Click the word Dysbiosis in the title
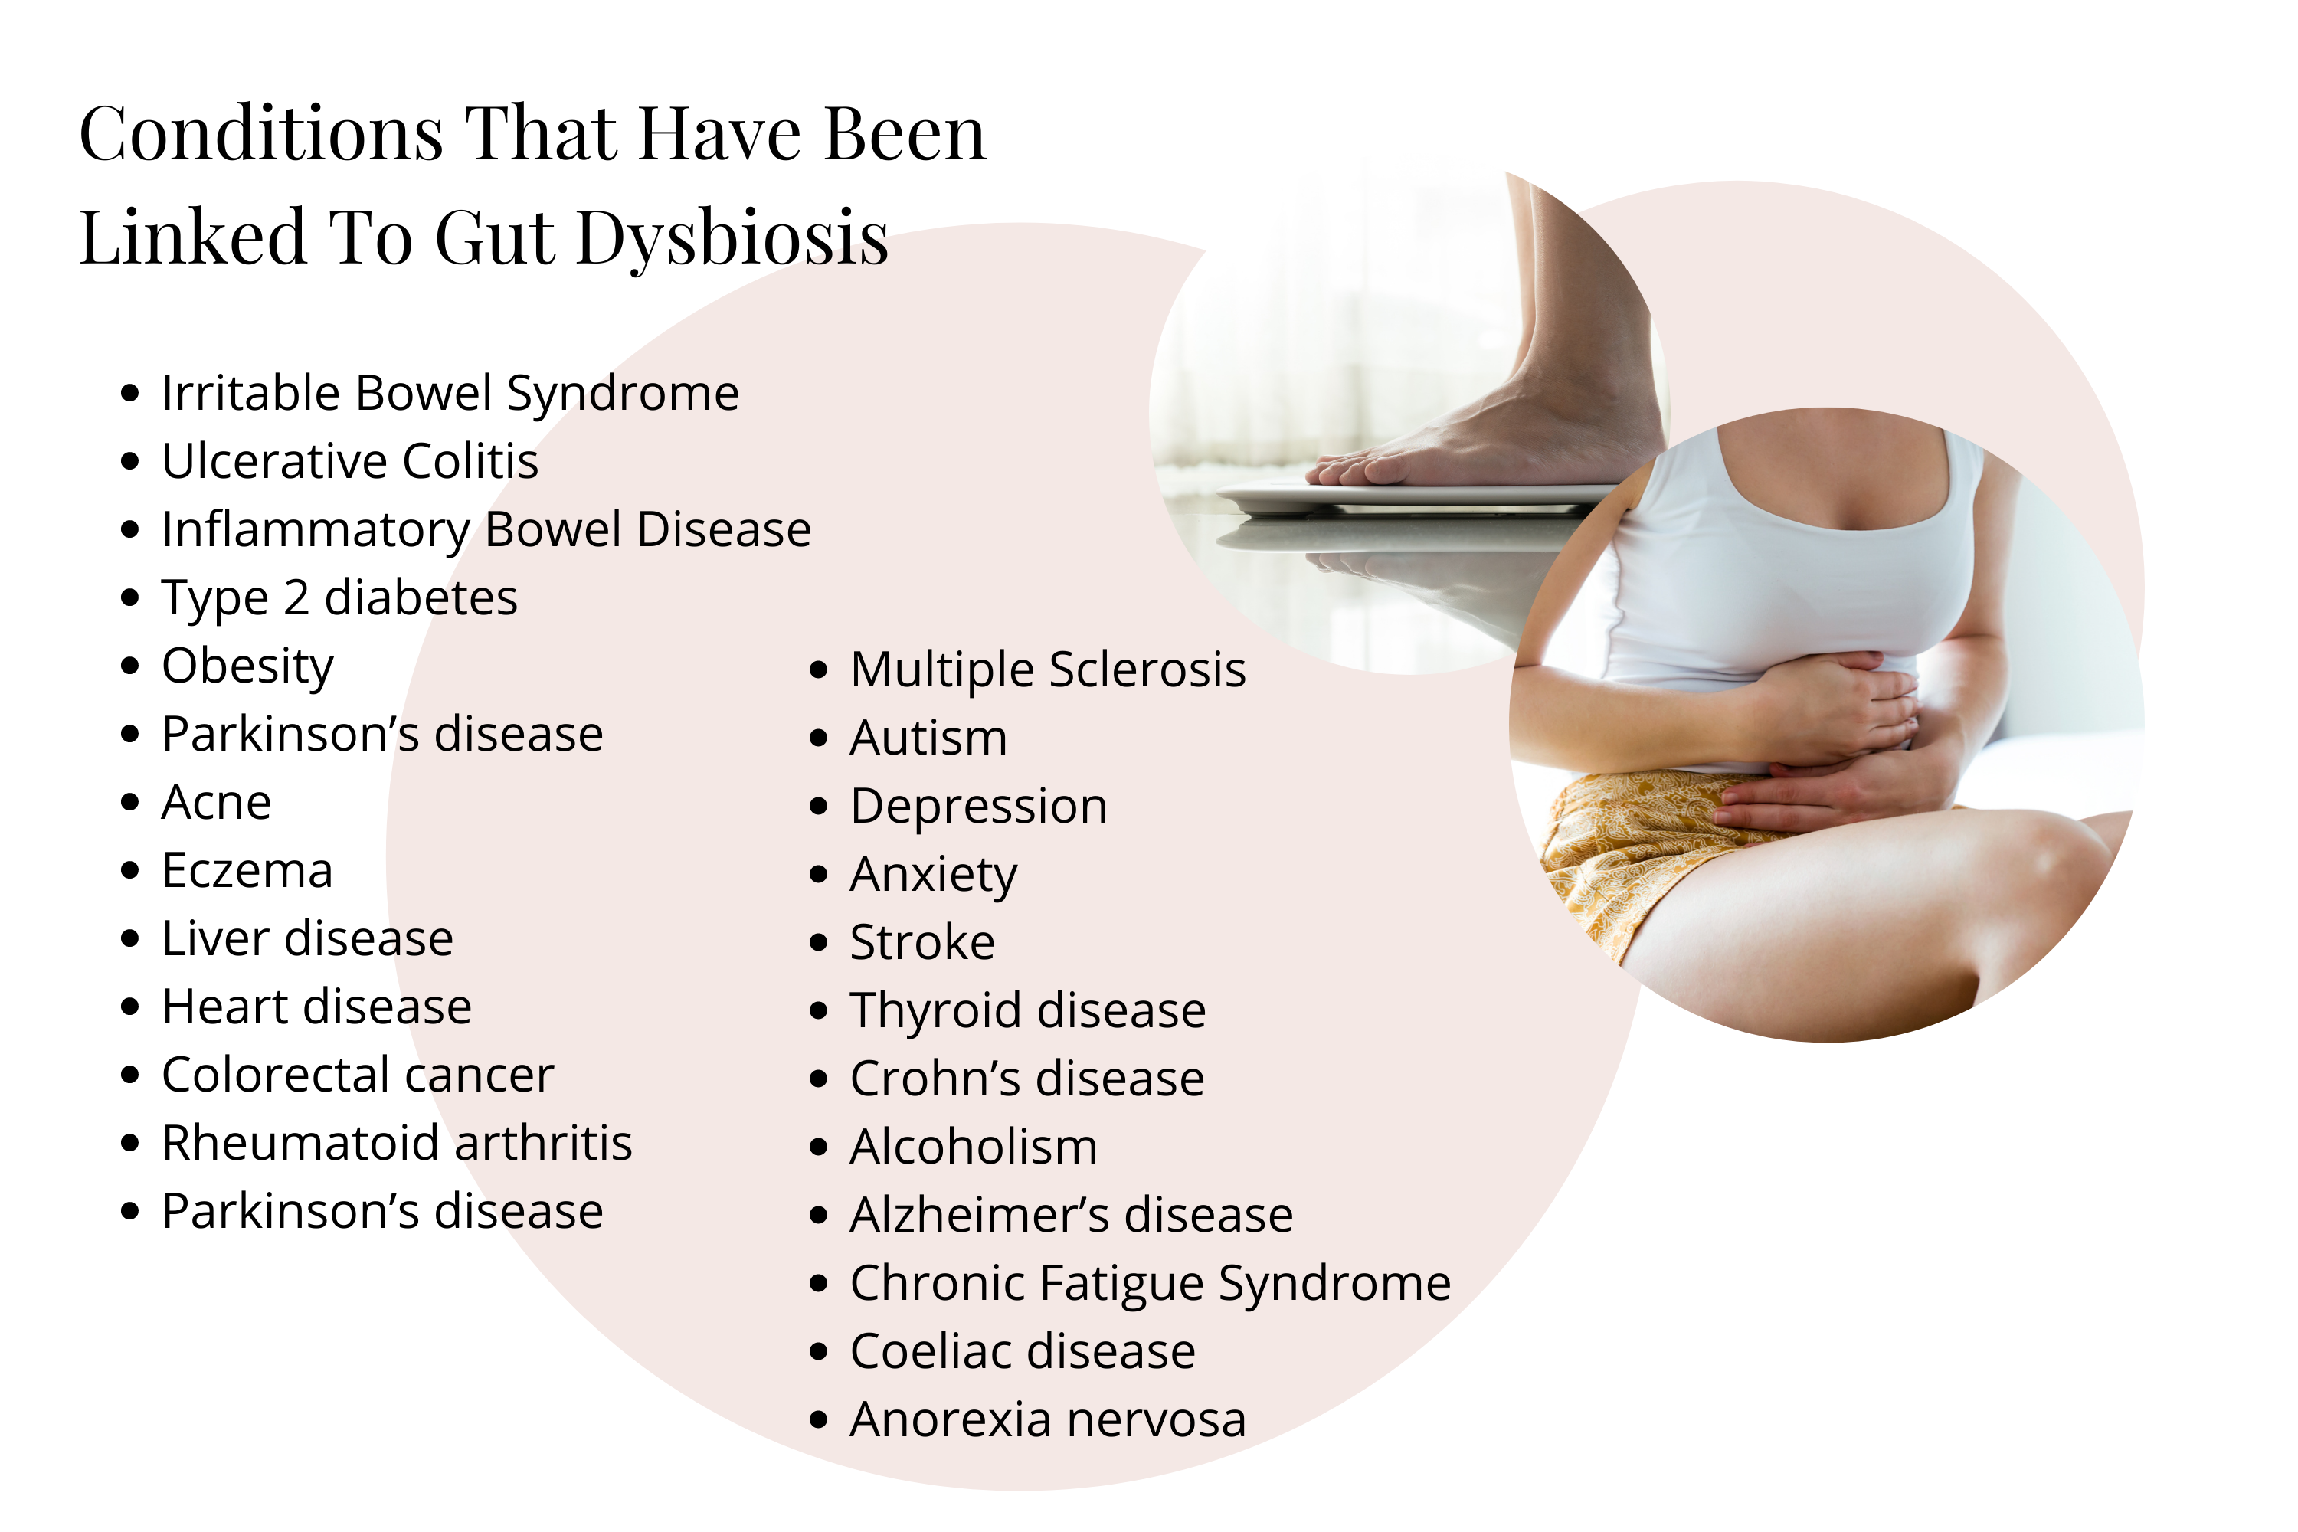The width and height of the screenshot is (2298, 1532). pyautogui.click(x=733, y=237)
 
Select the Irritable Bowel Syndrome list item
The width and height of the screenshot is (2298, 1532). pyautogui.click(x=450, y=394)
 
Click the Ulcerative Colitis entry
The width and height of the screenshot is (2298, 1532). pyautogui.click(x=350, y=461)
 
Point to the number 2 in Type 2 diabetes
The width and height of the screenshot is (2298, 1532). pyautogui.click(x=296, y=598)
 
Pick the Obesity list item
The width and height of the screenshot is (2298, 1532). pyautogui.click(x=247, y=667)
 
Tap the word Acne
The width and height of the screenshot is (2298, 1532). pyautogui.click(x=216, y=803)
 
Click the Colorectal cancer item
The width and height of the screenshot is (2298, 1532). pyautogui.click(x=358, y=1075)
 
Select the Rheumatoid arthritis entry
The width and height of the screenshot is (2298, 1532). pyautogui.click(x=397, y=1142)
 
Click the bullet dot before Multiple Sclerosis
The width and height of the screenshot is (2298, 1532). pyautogui.click(x=819, y=671)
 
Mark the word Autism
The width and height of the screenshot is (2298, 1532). pyautogui.click(x=928, y=738)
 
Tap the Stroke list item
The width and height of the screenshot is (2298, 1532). pyautogui.click(x=922, y=943)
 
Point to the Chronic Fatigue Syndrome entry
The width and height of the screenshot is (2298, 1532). pyautogui.click(x=1150, y=1285)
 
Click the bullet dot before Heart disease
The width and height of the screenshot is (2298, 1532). pyautogui.click(x=131, y=1007)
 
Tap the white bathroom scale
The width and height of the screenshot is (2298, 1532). pyautogui.click(x=1416, y=500)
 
